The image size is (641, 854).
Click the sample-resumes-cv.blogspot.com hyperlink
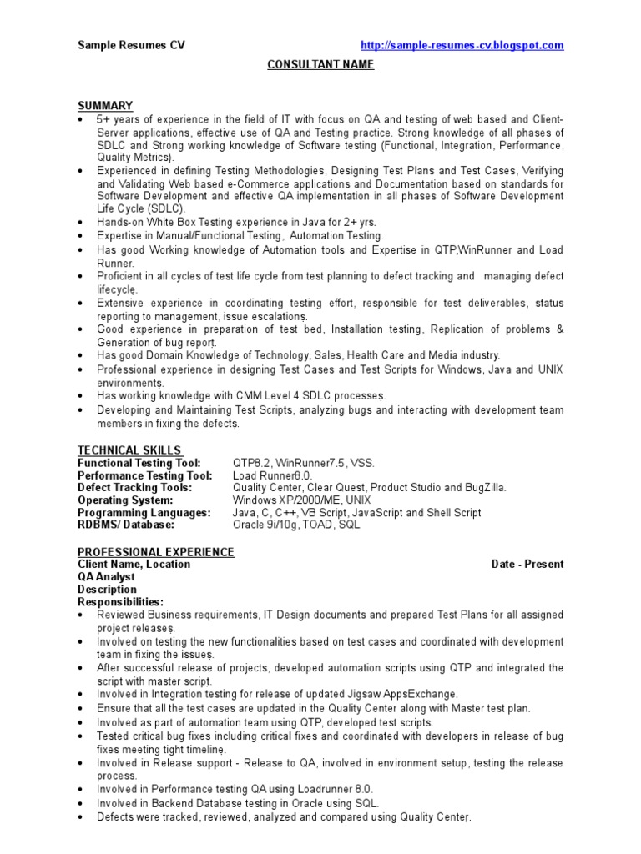click(x=461, y=45)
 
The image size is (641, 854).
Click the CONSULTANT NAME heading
click(x=320, y=65)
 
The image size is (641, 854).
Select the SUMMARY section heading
click(x=105, y=105)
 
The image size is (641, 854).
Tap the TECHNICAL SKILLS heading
click(x=129, y=450)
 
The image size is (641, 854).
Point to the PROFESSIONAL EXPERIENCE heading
click(x=156, y=552)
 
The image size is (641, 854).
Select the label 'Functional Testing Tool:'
click(x=139, y=463)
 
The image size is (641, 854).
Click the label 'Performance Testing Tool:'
click(x=145, y=475)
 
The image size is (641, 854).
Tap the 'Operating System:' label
click(x=125, y=500)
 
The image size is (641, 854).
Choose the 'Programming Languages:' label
click(x=144, y=513)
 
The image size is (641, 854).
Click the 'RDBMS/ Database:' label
click(x=126, y=525)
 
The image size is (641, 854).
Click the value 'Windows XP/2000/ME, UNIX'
click(x=301, y=500)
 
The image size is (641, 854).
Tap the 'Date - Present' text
click(x=527, y=565)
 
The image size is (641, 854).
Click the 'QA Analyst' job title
click(x=106, y=577)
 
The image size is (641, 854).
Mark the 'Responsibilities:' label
click(x=121, y=602)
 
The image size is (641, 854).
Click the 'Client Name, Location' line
click(x=134, y=565)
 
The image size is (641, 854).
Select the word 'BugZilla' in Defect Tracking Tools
click(x=482, y=488)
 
